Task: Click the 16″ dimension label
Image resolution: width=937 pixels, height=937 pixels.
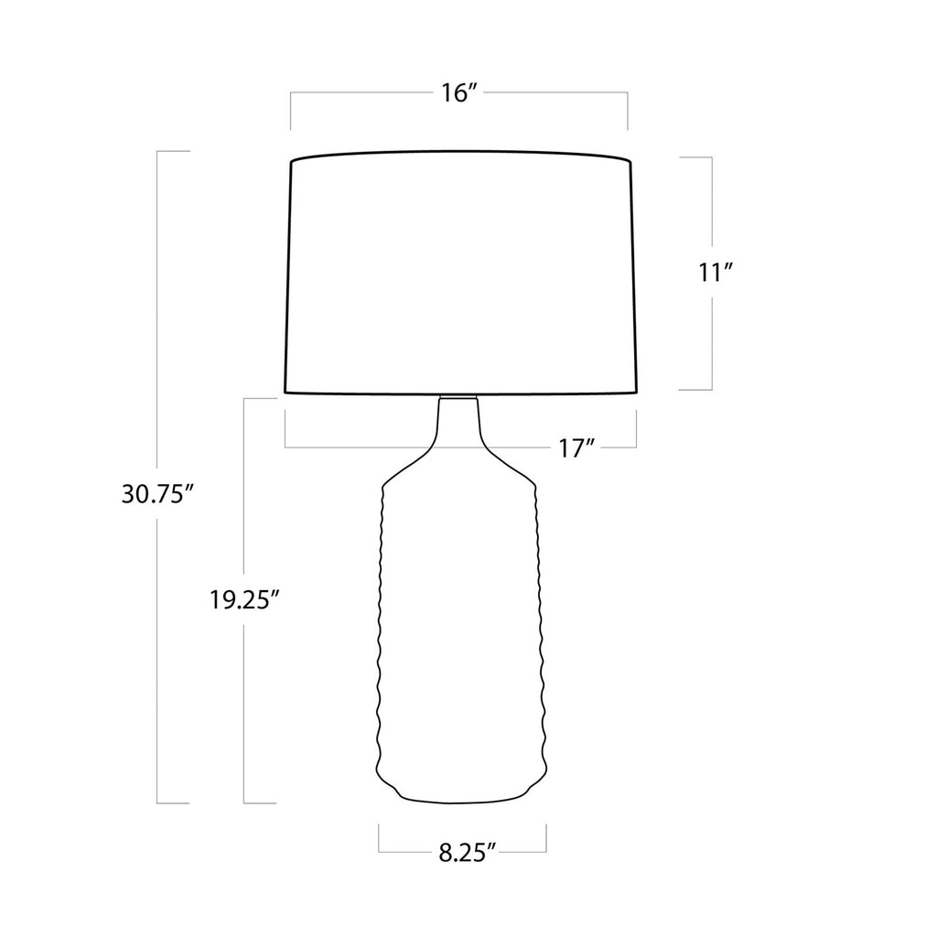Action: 458,93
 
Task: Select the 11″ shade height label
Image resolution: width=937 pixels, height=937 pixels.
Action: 716,273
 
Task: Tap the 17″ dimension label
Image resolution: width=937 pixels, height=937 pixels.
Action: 577,447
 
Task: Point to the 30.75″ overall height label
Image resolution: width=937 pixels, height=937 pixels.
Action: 157,494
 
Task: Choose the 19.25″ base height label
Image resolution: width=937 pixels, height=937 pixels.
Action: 244,599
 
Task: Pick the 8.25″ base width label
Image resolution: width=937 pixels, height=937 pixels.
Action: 468,853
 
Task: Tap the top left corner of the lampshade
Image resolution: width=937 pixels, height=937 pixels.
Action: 291,161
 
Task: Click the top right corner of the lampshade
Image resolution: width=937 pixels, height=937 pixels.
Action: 631,161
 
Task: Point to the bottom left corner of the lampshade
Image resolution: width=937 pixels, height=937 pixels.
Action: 285,393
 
